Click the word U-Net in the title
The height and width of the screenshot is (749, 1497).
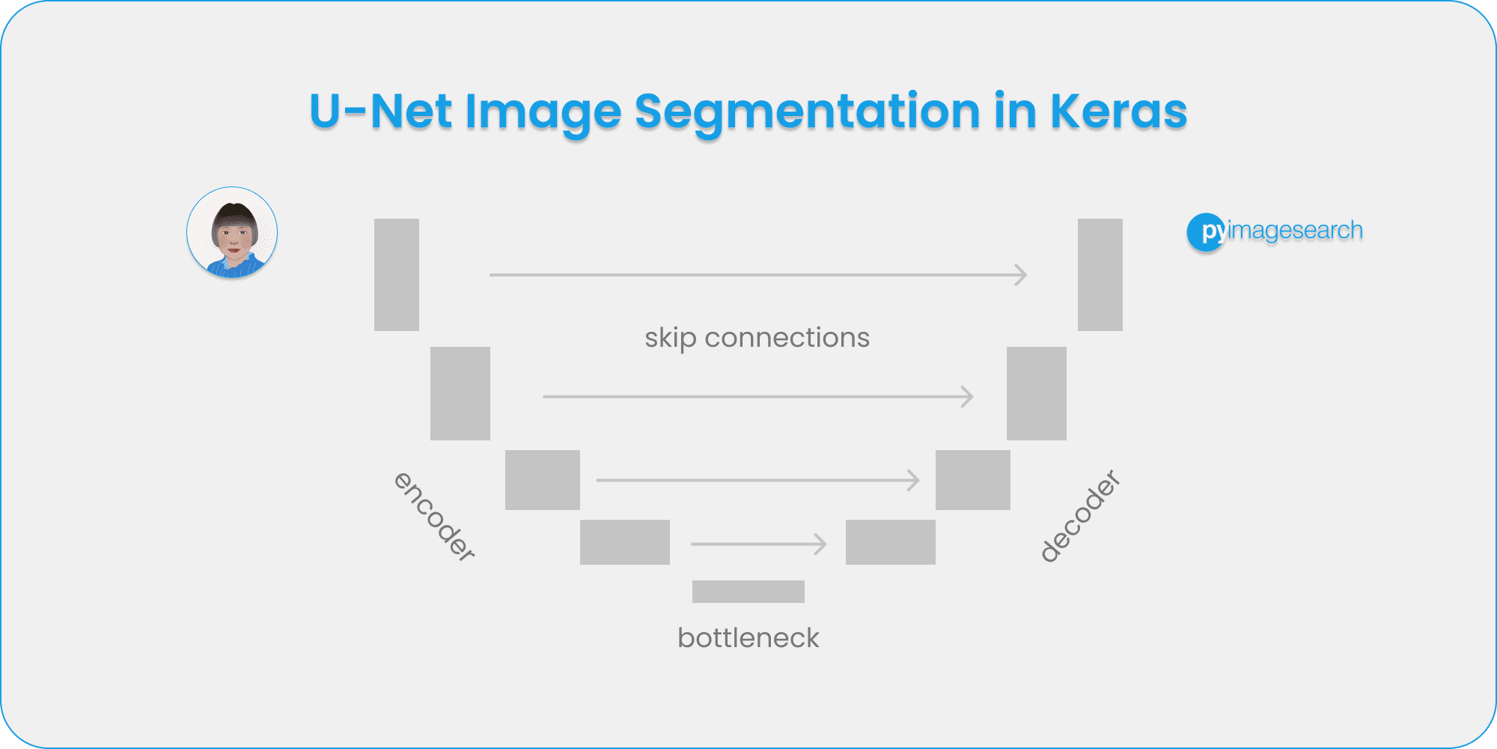(380, 112)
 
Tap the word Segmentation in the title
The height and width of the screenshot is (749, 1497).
(807, 112)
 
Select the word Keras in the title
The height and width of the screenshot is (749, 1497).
(1118, 112)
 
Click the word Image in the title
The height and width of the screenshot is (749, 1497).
(543, 112)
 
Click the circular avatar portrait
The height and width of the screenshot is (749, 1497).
(232, 233)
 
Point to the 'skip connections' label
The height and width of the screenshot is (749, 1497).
(757, 338)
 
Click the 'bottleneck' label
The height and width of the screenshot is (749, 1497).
(748, 638)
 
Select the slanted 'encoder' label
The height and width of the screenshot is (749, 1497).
(434, 516)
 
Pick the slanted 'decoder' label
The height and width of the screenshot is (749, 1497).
(1080, 516)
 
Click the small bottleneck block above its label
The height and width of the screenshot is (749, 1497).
(748, 592)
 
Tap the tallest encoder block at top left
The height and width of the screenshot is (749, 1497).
(397, 275)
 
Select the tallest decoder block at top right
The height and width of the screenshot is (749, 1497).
(1100, 275)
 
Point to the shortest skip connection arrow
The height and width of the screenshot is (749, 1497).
(757, 544)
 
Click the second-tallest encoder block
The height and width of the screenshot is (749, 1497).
(460, 393)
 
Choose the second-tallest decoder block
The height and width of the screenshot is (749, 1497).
(1036, 393)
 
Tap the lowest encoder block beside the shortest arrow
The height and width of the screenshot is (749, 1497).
(625, 542)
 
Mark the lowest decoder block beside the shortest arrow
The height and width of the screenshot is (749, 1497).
(890, 542)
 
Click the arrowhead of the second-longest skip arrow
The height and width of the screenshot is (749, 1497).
(969, 396)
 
